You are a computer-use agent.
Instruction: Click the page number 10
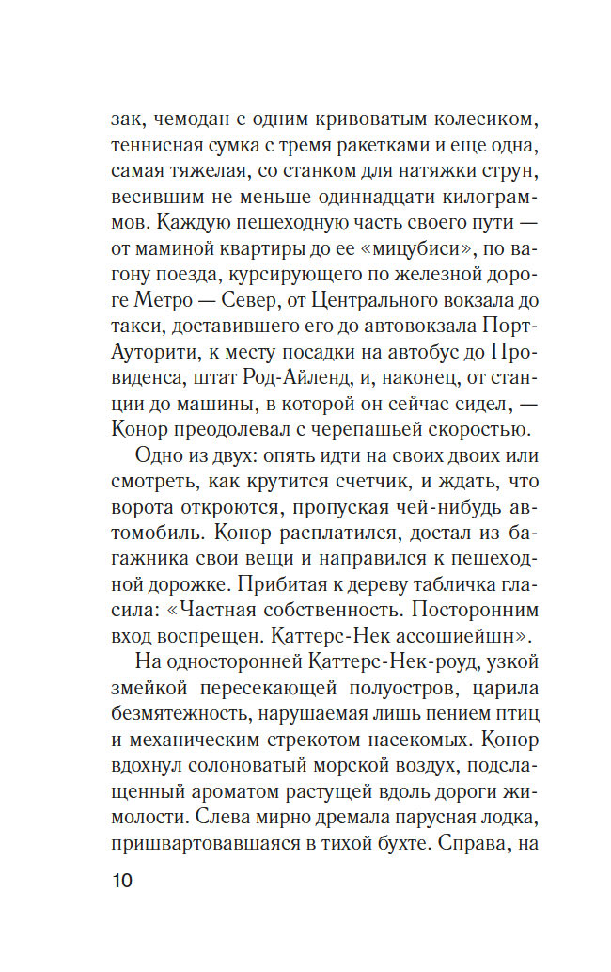[123, 884]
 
